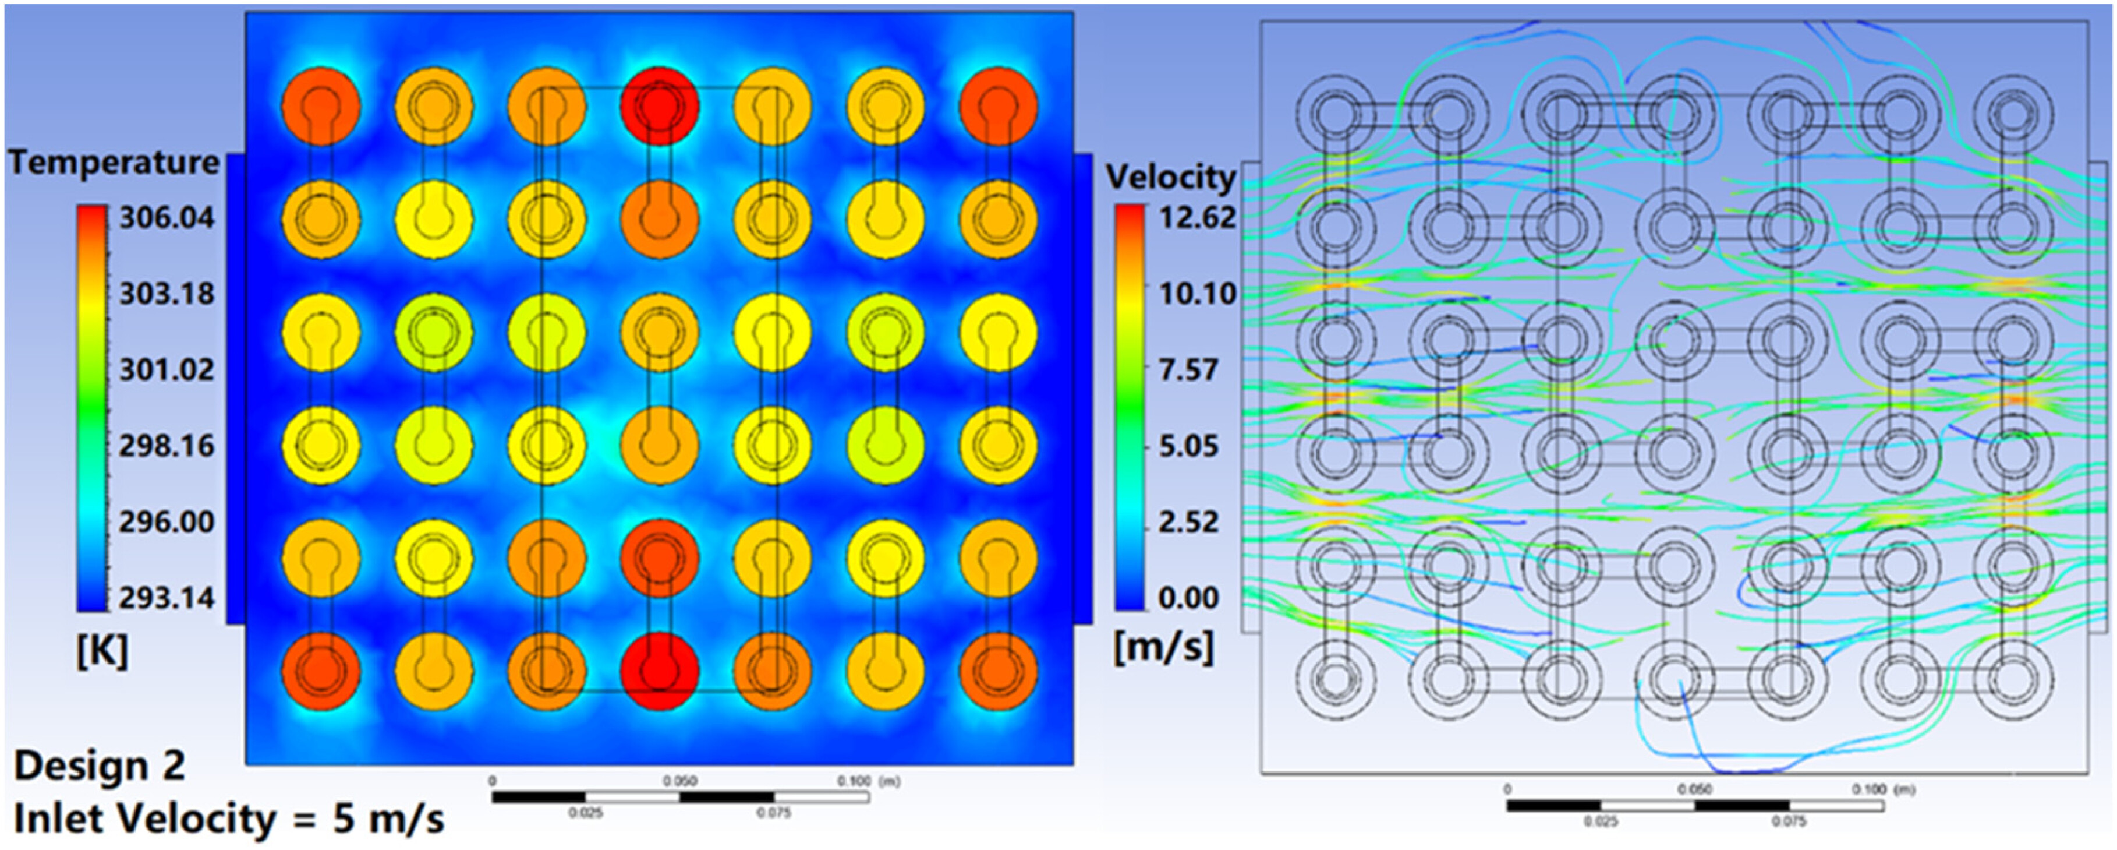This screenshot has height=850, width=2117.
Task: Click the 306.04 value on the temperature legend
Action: tap(167, 218)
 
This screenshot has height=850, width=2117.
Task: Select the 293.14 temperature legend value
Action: tap(167, 598)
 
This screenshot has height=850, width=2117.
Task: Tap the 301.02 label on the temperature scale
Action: tap(167, 370)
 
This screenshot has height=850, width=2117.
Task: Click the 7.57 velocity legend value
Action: tap(1188, 370)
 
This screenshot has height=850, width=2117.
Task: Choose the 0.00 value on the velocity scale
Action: tap(1188, 598)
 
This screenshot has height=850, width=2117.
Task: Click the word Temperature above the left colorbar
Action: tap(114, 162)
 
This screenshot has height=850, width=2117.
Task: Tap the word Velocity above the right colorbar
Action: tap(1170, 177)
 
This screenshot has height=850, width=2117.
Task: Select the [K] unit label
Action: tap(102, 652)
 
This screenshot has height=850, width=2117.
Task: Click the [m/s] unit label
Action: tap(1163, 648)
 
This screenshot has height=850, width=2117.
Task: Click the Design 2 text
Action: tap(100, 766)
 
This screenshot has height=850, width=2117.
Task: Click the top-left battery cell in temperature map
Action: tap(320, 107)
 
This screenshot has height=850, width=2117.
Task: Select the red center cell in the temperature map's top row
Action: tap(659, 107)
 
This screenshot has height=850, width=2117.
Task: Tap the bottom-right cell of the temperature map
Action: tap(998, 671)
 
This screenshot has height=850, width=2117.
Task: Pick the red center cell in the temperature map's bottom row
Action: tap(659, 671)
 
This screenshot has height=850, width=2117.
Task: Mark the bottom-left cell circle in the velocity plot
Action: tap(1336, 680)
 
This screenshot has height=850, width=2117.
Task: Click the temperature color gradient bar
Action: tap(92, 408)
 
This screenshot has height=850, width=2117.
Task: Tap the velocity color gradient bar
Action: tap(1130, 408)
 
